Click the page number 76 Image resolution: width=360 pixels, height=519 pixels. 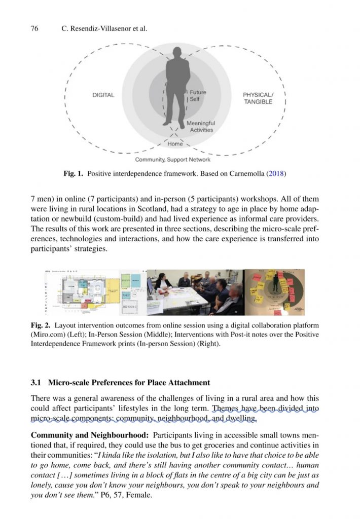35,29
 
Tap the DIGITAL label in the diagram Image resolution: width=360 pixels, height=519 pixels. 103,95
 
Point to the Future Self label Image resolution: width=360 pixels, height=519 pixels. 198,96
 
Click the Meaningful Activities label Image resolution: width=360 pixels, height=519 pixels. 201,127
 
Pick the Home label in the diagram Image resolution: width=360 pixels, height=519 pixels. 175,144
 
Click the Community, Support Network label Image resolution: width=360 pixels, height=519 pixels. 172,160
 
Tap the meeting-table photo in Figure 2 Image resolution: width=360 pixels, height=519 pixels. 195,292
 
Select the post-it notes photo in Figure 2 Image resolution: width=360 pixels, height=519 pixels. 274,292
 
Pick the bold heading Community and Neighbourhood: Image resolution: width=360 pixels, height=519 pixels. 89,435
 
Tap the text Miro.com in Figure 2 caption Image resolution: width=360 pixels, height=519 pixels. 47,335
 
